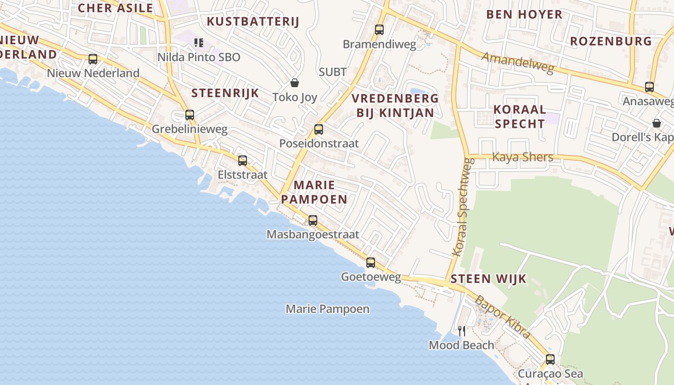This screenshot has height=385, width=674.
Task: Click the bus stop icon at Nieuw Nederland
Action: click(93, 59)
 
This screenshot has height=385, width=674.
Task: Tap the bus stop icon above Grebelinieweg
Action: click(190, 115)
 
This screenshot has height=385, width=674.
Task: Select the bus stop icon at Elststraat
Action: click(243, 160)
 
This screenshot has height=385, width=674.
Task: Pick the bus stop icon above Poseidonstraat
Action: click(318, 129)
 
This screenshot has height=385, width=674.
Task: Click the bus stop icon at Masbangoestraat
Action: click(313, 220)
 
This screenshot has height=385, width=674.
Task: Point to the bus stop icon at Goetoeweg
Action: click(371, 262)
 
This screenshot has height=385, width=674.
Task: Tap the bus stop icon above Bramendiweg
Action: click(379, 30)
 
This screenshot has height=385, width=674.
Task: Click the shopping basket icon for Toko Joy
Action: click(295, 83)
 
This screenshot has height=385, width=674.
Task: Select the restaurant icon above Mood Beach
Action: click(461, 331)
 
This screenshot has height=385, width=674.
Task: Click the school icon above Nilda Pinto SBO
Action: click(199, 43)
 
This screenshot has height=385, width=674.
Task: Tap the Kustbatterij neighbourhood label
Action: click(253, 22)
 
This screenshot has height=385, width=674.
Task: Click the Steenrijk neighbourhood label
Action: click(225, 93)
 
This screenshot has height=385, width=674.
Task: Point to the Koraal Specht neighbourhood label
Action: click(520, 116)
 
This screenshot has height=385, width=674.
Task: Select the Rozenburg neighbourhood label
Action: click(611, 41)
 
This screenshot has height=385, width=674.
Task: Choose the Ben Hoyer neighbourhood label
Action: click(524, 14)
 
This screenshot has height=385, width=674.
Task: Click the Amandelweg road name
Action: click(518, 63)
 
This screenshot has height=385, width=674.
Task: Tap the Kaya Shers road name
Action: click(522, 157)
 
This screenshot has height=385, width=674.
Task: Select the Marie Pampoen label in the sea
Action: click(327, 309)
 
